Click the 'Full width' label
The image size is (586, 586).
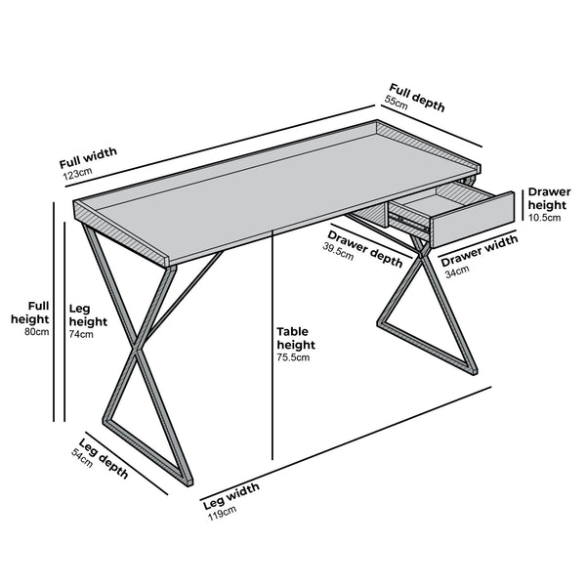88,157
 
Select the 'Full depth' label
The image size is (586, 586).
417,99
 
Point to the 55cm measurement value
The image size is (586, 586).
396,101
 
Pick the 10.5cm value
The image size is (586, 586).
544,218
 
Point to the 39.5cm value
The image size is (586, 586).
339,249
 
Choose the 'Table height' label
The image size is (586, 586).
296,338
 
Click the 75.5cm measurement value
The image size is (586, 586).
293,358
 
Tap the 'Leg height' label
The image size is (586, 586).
88,314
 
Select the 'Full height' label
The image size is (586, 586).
30,312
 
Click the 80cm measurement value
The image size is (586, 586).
36,333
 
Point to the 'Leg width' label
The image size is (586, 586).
230,495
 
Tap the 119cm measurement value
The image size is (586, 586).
221,513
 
